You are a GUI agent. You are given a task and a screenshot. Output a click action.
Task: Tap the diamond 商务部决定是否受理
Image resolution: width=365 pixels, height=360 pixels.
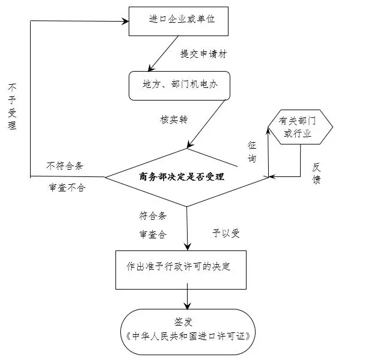pyautogui.click(x=186, y=176)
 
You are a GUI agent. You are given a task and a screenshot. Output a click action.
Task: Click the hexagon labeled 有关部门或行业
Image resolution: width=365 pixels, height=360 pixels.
pyautogui.click(x=301, y=128)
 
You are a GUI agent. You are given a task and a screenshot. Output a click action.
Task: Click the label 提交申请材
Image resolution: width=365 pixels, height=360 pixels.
pyautogui.click(x=203, y=54)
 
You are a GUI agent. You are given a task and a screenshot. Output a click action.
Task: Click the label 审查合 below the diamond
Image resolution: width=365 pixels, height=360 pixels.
pyautogui.click(x=153, y=233)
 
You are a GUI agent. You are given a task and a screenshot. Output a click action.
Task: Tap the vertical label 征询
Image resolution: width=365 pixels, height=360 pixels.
pyautogui.click(x=252, y=152)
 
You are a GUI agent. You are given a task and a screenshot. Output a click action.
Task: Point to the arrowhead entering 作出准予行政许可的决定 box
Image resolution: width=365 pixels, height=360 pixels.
pyautogui.click(x=189, y=246)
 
